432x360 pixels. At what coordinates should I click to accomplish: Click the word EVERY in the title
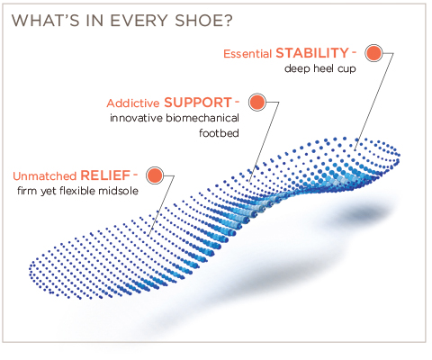click(139, 21)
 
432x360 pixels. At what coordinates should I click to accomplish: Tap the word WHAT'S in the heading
click(45, 21)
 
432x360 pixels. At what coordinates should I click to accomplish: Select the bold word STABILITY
click(312, 53)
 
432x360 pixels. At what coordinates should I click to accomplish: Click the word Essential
click(247, 54)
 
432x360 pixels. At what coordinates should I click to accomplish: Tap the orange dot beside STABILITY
click(373, 53)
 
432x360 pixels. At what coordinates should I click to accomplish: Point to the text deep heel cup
click(320, 68)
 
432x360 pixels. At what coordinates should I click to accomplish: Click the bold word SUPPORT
click(198, 103)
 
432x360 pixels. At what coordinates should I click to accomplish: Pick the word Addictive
click(133, 103)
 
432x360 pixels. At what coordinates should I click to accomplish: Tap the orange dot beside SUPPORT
click(257, 102)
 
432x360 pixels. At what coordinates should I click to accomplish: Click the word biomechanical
click(202, 118)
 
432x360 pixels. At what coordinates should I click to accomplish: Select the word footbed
click(219, 133)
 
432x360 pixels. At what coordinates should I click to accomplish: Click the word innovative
click(136, 118)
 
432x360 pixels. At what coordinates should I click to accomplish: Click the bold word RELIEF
click(105, 175)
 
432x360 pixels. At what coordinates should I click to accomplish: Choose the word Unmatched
click(45, 176)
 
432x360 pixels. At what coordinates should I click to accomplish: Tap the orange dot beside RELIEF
click(155, 175)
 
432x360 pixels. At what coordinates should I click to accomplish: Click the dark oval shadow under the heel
click(362, 214)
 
